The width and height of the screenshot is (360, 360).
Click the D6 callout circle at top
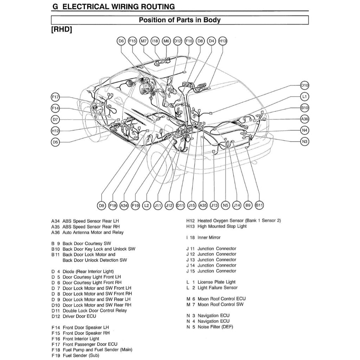point(121,41)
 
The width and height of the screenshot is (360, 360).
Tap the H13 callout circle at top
point(223,41)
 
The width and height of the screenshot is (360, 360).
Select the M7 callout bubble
point(144,41)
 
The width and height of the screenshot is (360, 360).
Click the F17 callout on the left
point(55,97)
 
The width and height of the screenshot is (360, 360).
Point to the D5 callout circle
point(55,142)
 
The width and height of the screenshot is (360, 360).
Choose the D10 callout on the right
point(304,85)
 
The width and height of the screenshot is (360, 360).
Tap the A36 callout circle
point(304,119)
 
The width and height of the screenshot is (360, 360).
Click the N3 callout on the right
point(304,142)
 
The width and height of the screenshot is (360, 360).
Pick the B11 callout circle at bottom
point(259,205)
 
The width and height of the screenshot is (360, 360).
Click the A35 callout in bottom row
point(203,205)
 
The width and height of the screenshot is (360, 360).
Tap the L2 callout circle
point(147,205)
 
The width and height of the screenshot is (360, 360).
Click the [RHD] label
point(62,30)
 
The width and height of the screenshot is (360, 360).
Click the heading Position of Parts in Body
point(180,20)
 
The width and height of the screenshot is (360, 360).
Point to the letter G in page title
point(54,7)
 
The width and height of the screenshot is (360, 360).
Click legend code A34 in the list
point(56,221)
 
